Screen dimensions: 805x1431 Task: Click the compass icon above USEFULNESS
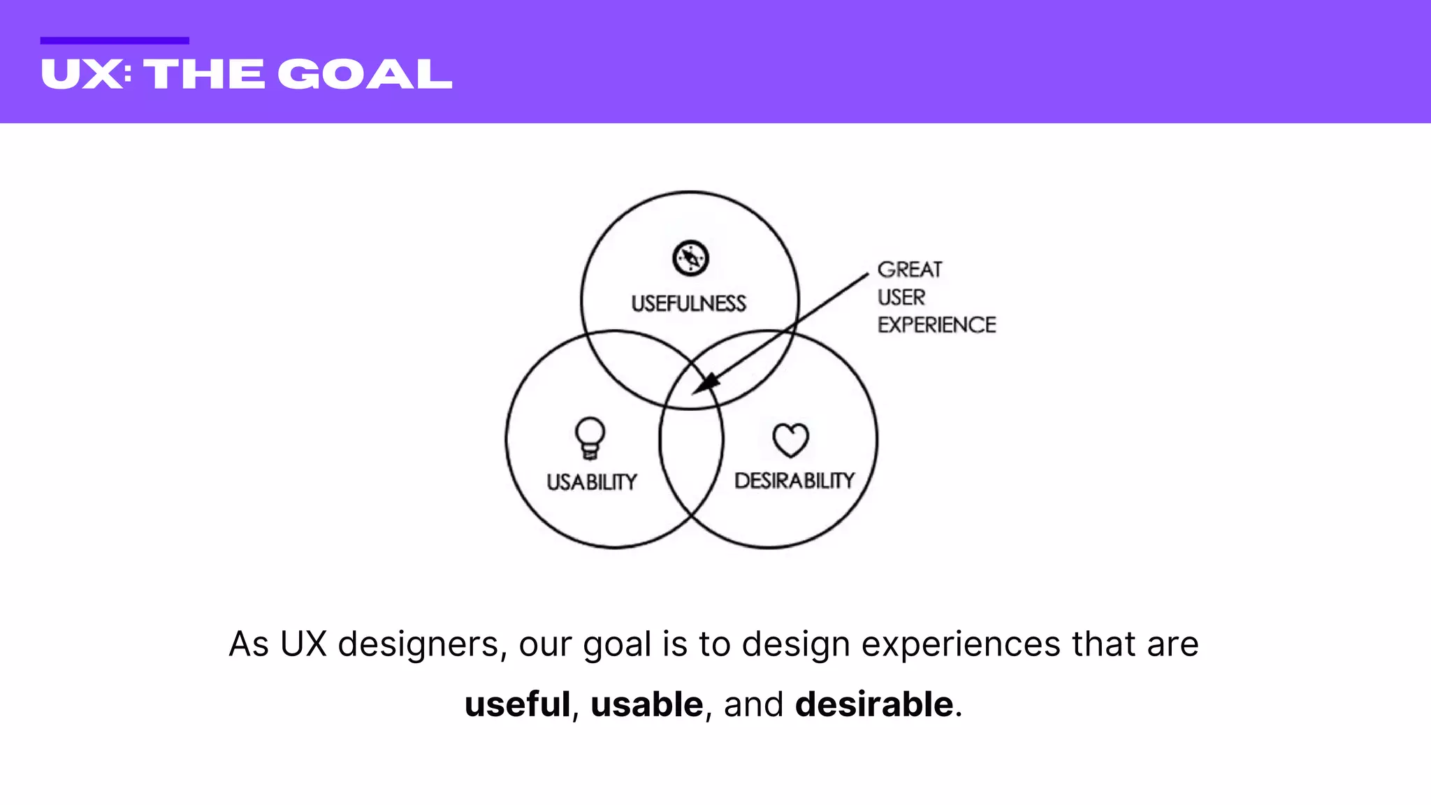(x=690, y=258)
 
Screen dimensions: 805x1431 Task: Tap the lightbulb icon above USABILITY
(x=590, y=437)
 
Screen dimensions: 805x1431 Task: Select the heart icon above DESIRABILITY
(x=790, y=440)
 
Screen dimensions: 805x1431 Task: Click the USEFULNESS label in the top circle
(x=688, y=303)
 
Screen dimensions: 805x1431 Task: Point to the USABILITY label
(x=591, y=482)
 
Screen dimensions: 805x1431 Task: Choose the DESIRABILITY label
(x=794, y=481)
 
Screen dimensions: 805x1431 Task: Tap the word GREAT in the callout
(x=909, y=270)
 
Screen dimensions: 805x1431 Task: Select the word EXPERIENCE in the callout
(x=936, y=325)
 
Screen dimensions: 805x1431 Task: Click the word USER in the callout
(x=901, y=298)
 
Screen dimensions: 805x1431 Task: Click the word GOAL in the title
(x=365, y=75)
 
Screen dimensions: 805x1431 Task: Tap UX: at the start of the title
(x=85, y=75)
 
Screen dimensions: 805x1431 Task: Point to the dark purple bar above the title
(x=115, y=41)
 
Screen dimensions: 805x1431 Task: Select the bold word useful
(x=517, y=704)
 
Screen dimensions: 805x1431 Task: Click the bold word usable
(x=646, y=704)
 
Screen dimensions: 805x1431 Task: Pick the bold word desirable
(x=873, y=704)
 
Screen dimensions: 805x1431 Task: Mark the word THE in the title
(x=204, y=75)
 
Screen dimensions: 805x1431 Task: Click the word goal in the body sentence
(x=616, y=645)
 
